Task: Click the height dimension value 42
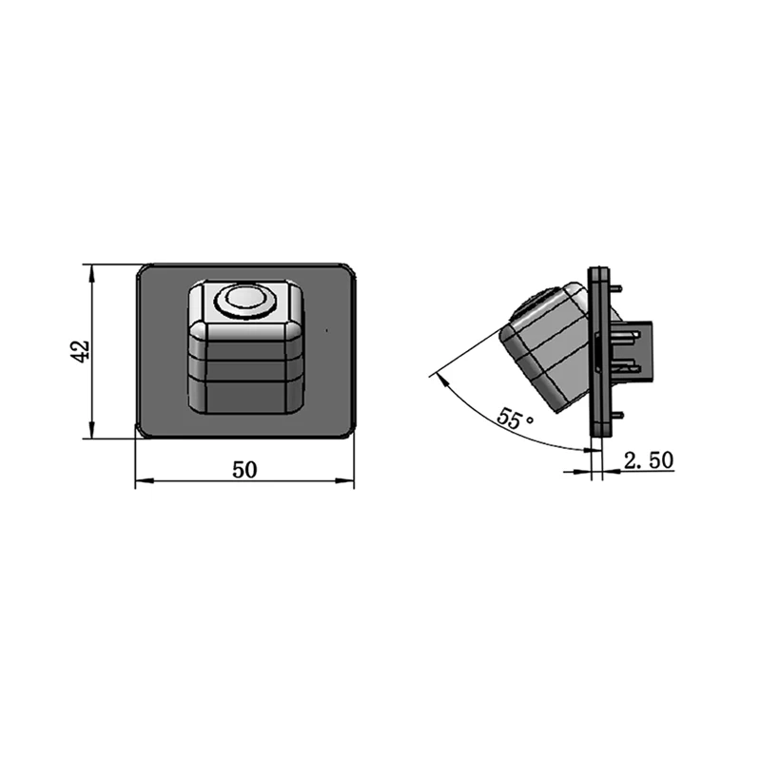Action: [x=80, y=351]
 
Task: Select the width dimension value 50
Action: [x=244, y=469]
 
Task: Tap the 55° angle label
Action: [x=514, y=418]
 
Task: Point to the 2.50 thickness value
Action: [x=649, y=460]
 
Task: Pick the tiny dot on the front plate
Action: [x=326, y=331]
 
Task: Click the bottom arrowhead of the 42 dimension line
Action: [x=91, y=430]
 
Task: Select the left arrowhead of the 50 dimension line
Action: [x=145, y=480]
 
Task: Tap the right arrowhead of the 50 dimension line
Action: [x=345, y=480]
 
